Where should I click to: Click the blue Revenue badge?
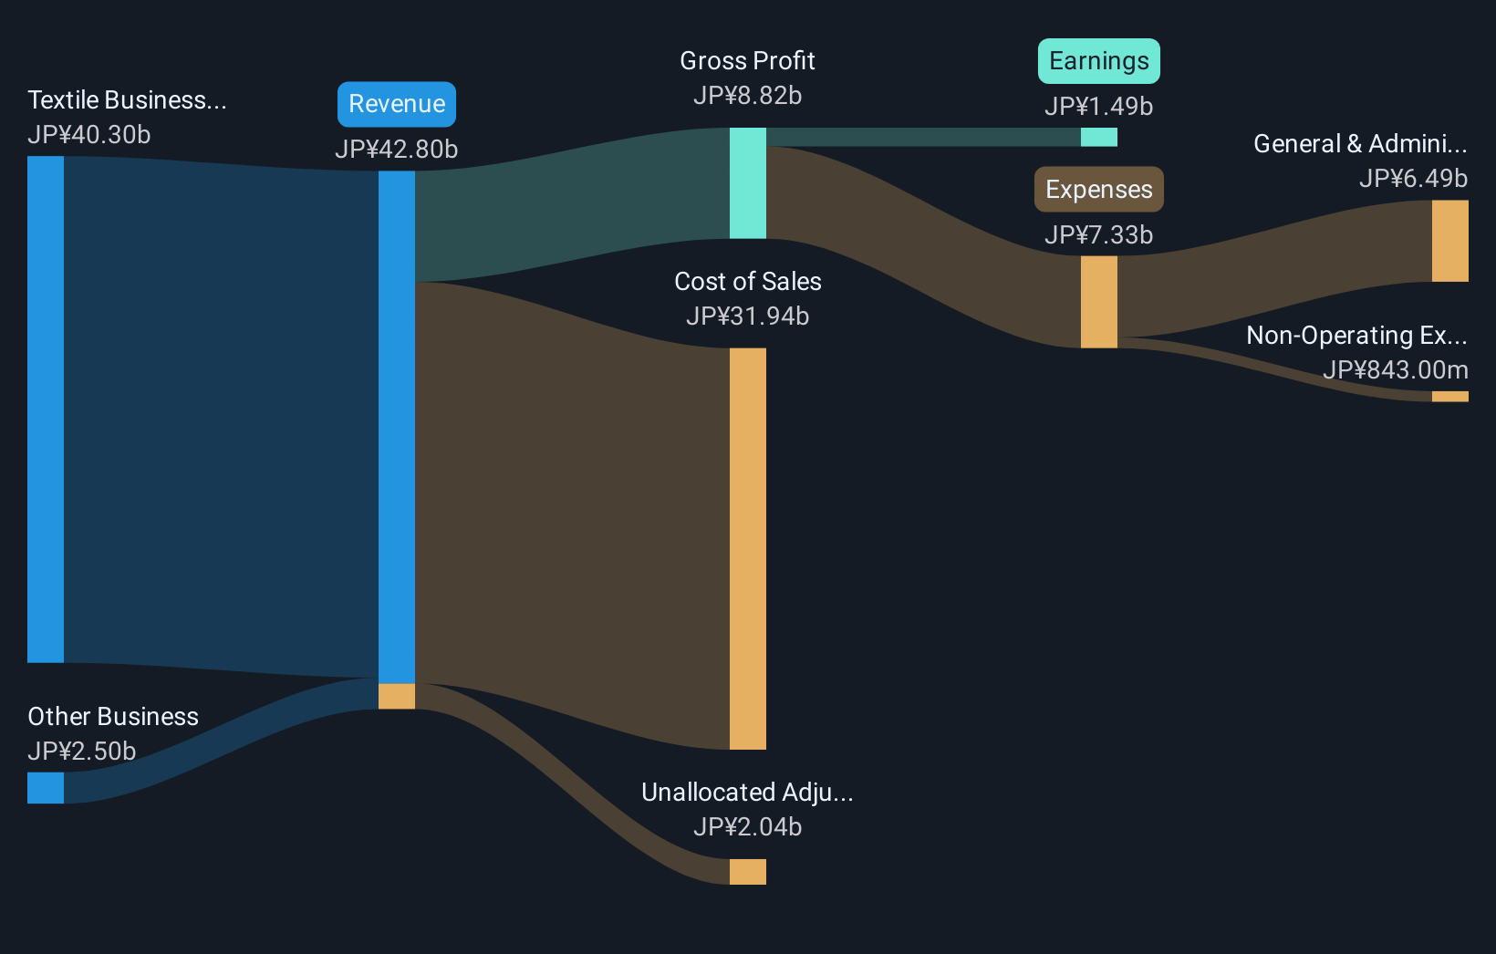(397, 104)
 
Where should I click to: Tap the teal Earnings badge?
(1098, 61)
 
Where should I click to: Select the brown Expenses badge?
(1098, 190)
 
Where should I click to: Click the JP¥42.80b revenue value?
(397, 149)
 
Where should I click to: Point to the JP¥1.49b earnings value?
(1098, 107)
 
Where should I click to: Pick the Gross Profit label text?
(747, 61)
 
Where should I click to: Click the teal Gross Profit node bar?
(748, 183)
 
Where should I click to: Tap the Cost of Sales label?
(747, 282)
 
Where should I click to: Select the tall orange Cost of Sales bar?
(748, 548)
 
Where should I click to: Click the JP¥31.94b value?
(747, 316)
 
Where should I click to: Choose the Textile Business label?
(127, 100)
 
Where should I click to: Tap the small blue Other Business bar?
(46, 788)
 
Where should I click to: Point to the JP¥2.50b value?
(82, 752)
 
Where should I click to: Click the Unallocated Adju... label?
(747, 793)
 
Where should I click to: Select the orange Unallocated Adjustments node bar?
(748, 872)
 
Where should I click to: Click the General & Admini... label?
(1360, 144)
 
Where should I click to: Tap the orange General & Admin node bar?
(1449, 241)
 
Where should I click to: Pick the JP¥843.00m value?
(1395, 370)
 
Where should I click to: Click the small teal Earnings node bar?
(1098, 137)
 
